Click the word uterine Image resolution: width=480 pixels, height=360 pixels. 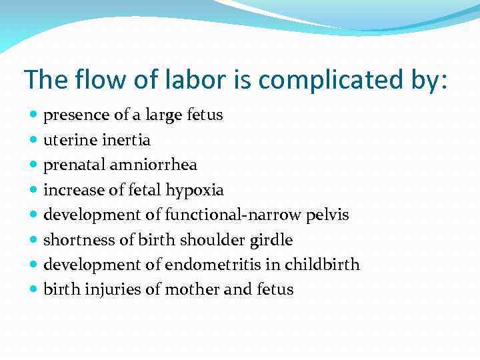click(x=69, y=140)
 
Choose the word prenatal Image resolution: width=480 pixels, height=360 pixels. click(x=75, y=165)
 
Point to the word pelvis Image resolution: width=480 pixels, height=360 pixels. click(x=327, y=215)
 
